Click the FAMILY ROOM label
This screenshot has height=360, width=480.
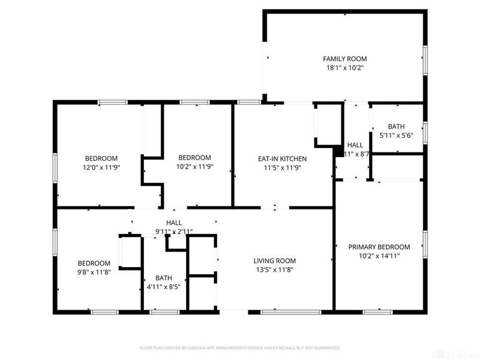pyautogui.click(x=344, y=59)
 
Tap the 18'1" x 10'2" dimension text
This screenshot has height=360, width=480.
pyautogui.click(x=344, y=68)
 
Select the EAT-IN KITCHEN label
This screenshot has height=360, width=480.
pyautogui.click(x=282, y=158)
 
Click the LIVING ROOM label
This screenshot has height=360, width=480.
pyautogui.click(x=274, y=260)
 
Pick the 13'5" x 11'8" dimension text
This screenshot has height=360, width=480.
pyautogui.click(x=274, y=270)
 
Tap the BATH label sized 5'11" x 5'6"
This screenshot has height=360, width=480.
pyautogui.click(x=396, y=127)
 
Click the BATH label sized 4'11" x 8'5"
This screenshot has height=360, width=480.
pyautogui.click(x=163, y=278)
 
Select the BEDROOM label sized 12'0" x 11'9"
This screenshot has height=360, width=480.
pyautogui.click(x=101, y=158)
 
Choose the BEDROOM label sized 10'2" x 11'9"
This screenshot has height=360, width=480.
pyautogui.click(x=194, y=157)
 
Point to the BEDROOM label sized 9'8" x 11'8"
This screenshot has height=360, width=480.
pyautogui.click(x=94, y=263)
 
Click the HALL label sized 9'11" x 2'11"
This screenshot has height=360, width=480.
pyautogui.click(x=174, y=223)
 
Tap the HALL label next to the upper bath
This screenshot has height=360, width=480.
pyautogui.click(x=355, y=145)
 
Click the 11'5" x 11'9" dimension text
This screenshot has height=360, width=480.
pyautogui.click(x=282, y=168)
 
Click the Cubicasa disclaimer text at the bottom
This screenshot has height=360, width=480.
pyautogui.click(x=240, y=347)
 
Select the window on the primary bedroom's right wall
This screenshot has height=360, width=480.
pyautogui.click(x=425, y=240)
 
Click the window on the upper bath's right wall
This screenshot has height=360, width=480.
pyautogui.click(x=425, y=132)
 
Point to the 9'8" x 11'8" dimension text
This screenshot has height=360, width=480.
pyautogui.click(x=94, y=272)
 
